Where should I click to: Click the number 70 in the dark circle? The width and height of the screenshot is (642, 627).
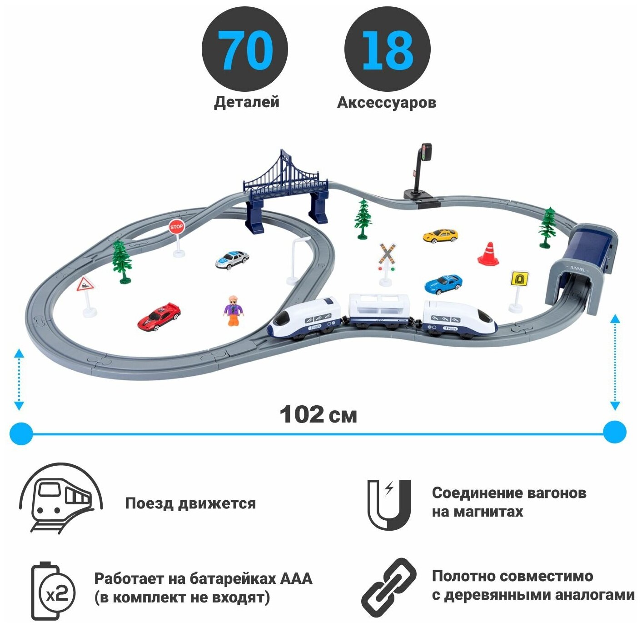click(245, 50)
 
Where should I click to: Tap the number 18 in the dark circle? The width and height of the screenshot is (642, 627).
click(387, 50)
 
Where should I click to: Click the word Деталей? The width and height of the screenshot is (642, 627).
click(247, 102)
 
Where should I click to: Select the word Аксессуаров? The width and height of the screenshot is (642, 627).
click(387, 103)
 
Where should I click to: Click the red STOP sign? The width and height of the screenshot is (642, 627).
click(176, 227)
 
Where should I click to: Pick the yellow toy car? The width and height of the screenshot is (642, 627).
click(440, 235)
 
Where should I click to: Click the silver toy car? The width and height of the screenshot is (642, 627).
click(232, 259)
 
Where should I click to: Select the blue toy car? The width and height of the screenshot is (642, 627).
click(443, 284)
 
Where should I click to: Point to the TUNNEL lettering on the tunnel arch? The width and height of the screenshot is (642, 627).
click(577, 269)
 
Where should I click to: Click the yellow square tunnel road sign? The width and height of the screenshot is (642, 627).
click(519, 278)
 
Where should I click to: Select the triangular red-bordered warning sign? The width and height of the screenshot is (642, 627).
click(85, 285)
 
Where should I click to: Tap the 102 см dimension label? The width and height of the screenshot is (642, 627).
click(318, 414)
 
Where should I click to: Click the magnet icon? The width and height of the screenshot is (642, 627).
click(389, 504)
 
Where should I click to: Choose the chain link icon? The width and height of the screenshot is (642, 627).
click(389, 587)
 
